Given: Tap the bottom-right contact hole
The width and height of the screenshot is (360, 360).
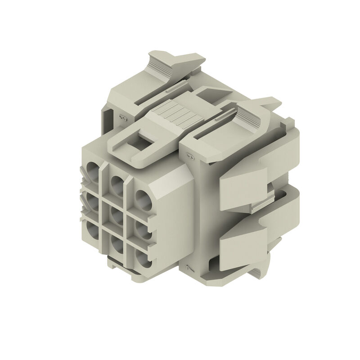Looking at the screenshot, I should tap(143, 258).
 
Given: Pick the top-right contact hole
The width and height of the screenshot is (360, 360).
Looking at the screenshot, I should tap(143, 198).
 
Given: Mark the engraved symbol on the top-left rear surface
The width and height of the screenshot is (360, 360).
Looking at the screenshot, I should tap(121, 118).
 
